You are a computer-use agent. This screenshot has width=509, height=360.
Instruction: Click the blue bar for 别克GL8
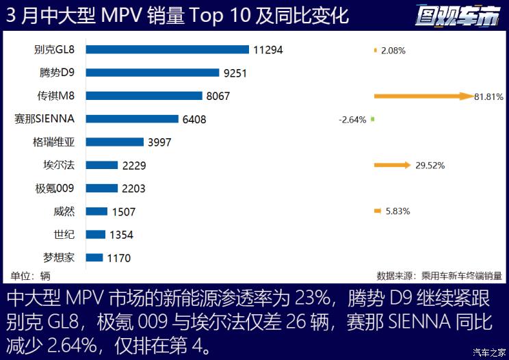pyautogui.click(x=168, y=49)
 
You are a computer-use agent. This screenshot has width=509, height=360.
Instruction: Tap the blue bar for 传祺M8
pyautogui.click(x=144, y=96)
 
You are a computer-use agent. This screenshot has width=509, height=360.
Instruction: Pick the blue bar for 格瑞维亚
pyautogui.click(x=116, y=142)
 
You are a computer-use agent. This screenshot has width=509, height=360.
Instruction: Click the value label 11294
pyautogui.click(x=267, y=50)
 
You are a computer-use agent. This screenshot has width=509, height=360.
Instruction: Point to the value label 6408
pyautogui.click(x=194, y=119)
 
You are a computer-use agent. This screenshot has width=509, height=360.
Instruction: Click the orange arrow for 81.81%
pyautogui.click(x=423, y=97)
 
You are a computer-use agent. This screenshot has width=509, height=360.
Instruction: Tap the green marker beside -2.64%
pyautogui.click(x=372, y=119)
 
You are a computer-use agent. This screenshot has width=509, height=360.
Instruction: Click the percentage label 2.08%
pyautogui.click(x=394, y=51)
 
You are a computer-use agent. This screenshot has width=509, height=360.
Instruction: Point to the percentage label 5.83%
pyautogui.click(x=397, y=211)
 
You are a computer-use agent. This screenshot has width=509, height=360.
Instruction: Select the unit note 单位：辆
pyautogui.click(x=31, y=276)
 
